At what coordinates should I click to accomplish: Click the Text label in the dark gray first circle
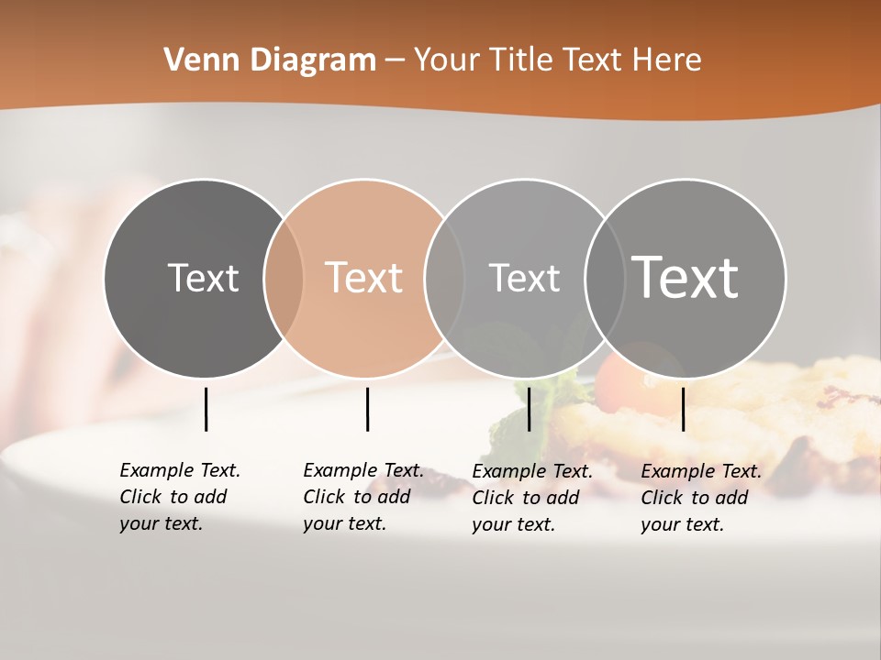coord(203,278)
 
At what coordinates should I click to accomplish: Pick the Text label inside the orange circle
coord(364,278)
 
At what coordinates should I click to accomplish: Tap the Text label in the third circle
coord(524,278)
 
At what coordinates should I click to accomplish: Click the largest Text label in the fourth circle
coord(686,277)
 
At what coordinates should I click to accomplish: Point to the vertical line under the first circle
coord(206,409)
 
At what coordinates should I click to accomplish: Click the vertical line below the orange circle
coord(367,409)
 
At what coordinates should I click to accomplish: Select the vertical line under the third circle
coord(529,409)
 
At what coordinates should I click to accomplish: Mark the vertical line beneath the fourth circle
coord(683,409)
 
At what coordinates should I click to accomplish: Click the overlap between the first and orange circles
coord(284,278)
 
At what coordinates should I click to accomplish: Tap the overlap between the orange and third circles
coord(444,278)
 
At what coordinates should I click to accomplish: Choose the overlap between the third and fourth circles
coord(605,278)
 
